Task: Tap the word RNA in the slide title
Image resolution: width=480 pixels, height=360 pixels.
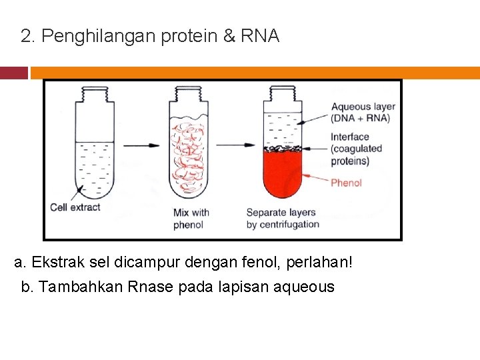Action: (x=260, y=36)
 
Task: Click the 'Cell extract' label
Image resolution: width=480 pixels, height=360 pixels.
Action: (x=75, y=207)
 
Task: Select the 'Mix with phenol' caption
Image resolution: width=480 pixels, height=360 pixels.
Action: (x=191, y=219)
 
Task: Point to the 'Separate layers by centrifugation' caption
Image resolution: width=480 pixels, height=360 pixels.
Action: (x=283, y=219)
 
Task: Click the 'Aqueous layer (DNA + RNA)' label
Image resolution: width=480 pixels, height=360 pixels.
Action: (x=363, y=112)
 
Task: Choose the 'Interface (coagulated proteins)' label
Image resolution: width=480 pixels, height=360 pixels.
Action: (x=357, y=149)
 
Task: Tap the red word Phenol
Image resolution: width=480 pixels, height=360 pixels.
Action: (x=346, y=183)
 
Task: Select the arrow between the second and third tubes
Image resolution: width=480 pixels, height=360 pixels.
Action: (x=235, y=144)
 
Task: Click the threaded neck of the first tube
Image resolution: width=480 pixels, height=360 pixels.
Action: (x=93, y=97)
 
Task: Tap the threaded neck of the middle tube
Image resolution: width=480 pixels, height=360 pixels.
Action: (x=189, y=97)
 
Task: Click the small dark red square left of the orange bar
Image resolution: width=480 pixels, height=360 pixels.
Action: (x=13, y=72)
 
